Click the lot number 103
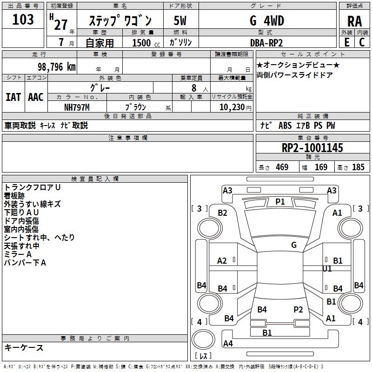(23, 20)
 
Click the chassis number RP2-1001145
(312, 148)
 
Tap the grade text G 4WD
(266, 21)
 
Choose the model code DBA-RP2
(266, 43)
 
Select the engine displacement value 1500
(141, 43)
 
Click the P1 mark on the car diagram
(280, 201)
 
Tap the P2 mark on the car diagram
(298, 309)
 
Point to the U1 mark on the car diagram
(327, 269)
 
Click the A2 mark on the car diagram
(222, 261)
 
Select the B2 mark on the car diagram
(223, 213)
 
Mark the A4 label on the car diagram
(228, 344)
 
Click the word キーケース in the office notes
(24, 347)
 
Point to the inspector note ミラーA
(18, 254)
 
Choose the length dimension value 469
(282, 167)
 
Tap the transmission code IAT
(13, 97)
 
